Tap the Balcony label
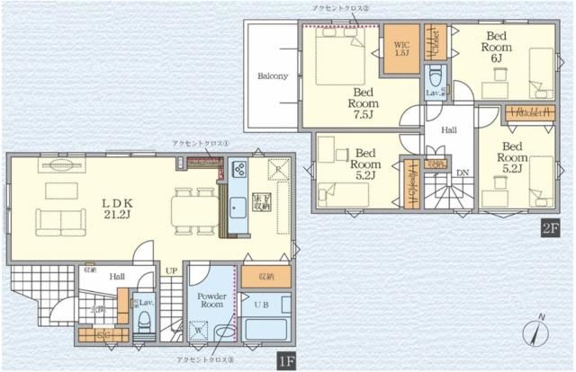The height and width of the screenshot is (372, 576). (272, 76)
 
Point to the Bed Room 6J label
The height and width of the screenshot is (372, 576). (495, 47)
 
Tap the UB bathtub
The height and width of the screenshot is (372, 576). (266, 328)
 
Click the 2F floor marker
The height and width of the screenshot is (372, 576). (549, 228)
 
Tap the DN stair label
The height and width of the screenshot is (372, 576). (463, 172)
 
